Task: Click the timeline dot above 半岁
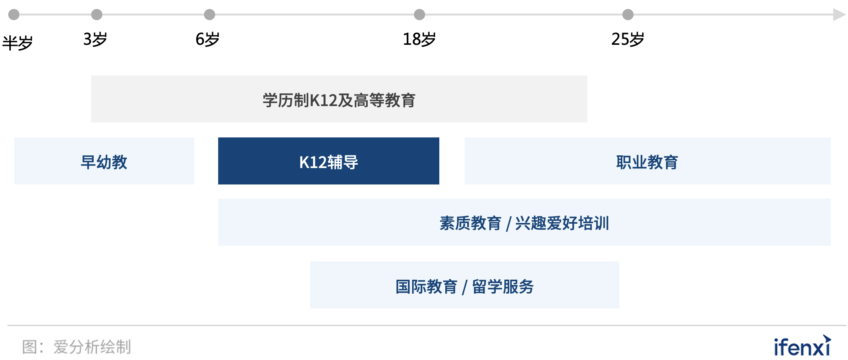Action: pos(14,15)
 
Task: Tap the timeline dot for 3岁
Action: pos(97,15)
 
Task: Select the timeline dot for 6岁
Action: pos(210,15)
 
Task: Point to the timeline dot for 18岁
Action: pos(420,15)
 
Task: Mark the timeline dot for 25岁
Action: pos(628,15)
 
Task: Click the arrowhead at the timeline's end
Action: pos(839,15)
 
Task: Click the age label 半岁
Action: pos(18,43)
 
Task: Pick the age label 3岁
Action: pos(95,39)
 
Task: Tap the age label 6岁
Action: pos(208,39)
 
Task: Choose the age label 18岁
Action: pos(419,39)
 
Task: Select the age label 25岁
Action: pos(628,39)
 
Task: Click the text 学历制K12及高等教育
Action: pos(339,100)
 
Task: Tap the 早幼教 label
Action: pos(104,162)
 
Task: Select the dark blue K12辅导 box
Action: pos(329,161)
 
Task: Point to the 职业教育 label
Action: pos(647,162)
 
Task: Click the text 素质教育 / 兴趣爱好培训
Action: pos(524,223)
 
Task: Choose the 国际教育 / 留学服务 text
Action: pos(464,287)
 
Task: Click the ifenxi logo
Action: pos(802,346)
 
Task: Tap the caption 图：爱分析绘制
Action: pos(77,347)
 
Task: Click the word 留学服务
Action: pos(503,287)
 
